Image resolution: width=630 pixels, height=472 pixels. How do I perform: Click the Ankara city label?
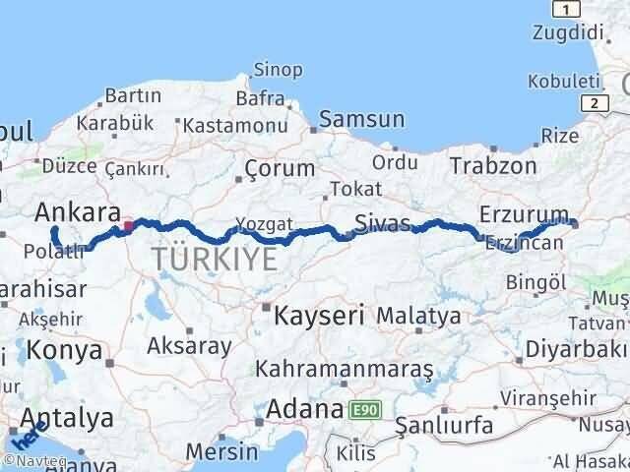point(78,212)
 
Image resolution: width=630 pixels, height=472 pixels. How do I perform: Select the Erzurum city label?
point(524,214)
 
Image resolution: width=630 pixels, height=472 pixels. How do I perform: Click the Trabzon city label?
point(495,165)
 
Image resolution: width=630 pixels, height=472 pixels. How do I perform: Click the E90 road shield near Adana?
point(361,407)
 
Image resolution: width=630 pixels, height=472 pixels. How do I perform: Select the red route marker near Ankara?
point(128,227)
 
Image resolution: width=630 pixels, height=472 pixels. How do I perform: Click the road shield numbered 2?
point(594,101)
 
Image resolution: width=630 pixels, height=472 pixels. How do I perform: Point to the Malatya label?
point(417,317)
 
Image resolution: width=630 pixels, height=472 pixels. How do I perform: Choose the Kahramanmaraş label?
point(344,369)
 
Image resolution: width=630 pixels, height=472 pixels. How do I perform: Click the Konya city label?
point(65,350)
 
